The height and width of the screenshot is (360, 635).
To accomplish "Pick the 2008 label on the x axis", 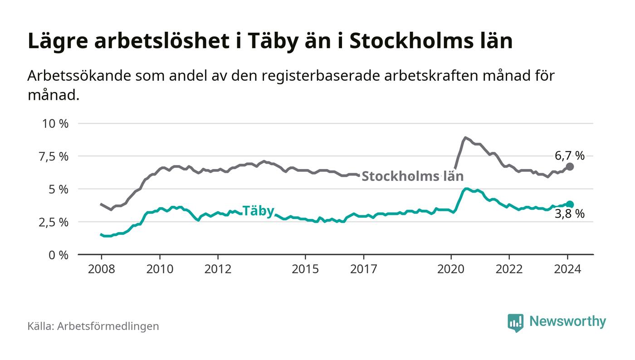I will (x=101, y=269).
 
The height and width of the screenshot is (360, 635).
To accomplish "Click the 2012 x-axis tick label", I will (x=218, y=269).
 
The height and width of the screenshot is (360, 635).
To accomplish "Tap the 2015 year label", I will (x=306, y=269).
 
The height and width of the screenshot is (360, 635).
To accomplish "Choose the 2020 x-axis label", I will (x=451, y=269).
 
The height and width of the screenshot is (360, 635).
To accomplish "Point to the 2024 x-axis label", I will (x=567, y=269).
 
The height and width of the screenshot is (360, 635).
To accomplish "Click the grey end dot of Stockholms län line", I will (x=570, y=166).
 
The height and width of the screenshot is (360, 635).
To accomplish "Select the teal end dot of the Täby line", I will (x=570, y=204).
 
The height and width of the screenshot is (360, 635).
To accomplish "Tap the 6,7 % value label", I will (x=570, y=156).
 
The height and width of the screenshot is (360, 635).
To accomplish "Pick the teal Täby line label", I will (x=258, y=211).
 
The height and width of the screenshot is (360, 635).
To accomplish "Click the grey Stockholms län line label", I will (x=412, y=176).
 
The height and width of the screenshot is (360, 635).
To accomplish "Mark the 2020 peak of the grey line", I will (x=465, y=137).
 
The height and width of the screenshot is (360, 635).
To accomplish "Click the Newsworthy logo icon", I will (x=515, y=322).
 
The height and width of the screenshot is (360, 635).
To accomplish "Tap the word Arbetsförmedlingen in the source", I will (x=108, y=326).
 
